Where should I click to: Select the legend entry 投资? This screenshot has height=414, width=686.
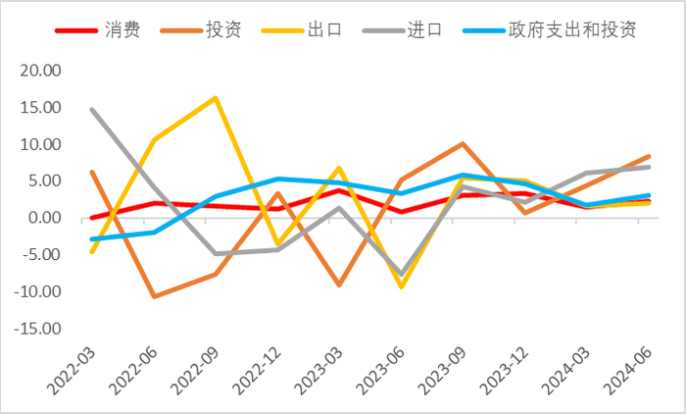[x=225, y=28]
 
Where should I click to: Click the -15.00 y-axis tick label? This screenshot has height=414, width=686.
[x=37, y=329]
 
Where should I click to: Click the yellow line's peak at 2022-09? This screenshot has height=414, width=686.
[x=215, y=98]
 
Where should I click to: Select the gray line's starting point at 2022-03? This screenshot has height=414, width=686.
[x=93, y=109]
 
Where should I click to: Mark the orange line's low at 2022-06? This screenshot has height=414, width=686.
[x=154, y=296]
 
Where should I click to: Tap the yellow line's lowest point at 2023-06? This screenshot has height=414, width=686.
[x=399, y=286]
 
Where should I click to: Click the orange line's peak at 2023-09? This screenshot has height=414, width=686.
[x=461, y=144]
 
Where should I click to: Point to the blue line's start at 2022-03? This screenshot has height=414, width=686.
[x=93, y=239]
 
